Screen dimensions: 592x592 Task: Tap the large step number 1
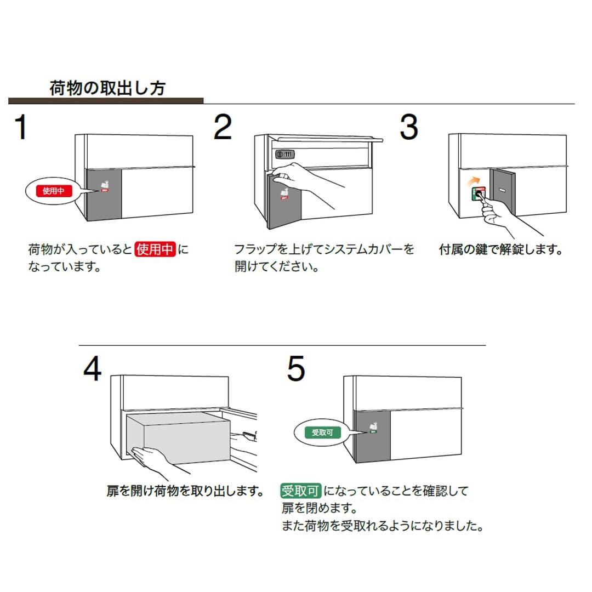[21, 127]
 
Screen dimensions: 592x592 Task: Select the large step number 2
[223, 127]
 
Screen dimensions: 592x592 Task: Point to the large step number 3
[409, 127]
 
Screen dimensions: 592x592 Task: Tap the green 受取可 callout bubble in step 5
[322, 432]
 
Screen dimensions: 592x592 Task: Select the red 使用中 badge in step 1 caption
[155, 250]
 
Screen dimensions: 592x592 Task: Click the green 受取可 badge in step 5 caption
[301, 491]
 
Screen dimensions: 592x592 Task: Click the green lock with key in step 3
[477, 193]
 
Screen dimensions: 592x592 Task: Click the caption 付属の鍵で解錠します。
[501, 250]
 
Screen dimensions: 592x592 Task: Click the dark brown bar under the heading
[106, 101]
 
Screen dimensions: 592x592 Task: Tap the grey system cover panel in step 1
[104, 195]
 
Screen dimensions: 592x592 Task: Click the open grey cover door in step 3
[503, 193]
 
